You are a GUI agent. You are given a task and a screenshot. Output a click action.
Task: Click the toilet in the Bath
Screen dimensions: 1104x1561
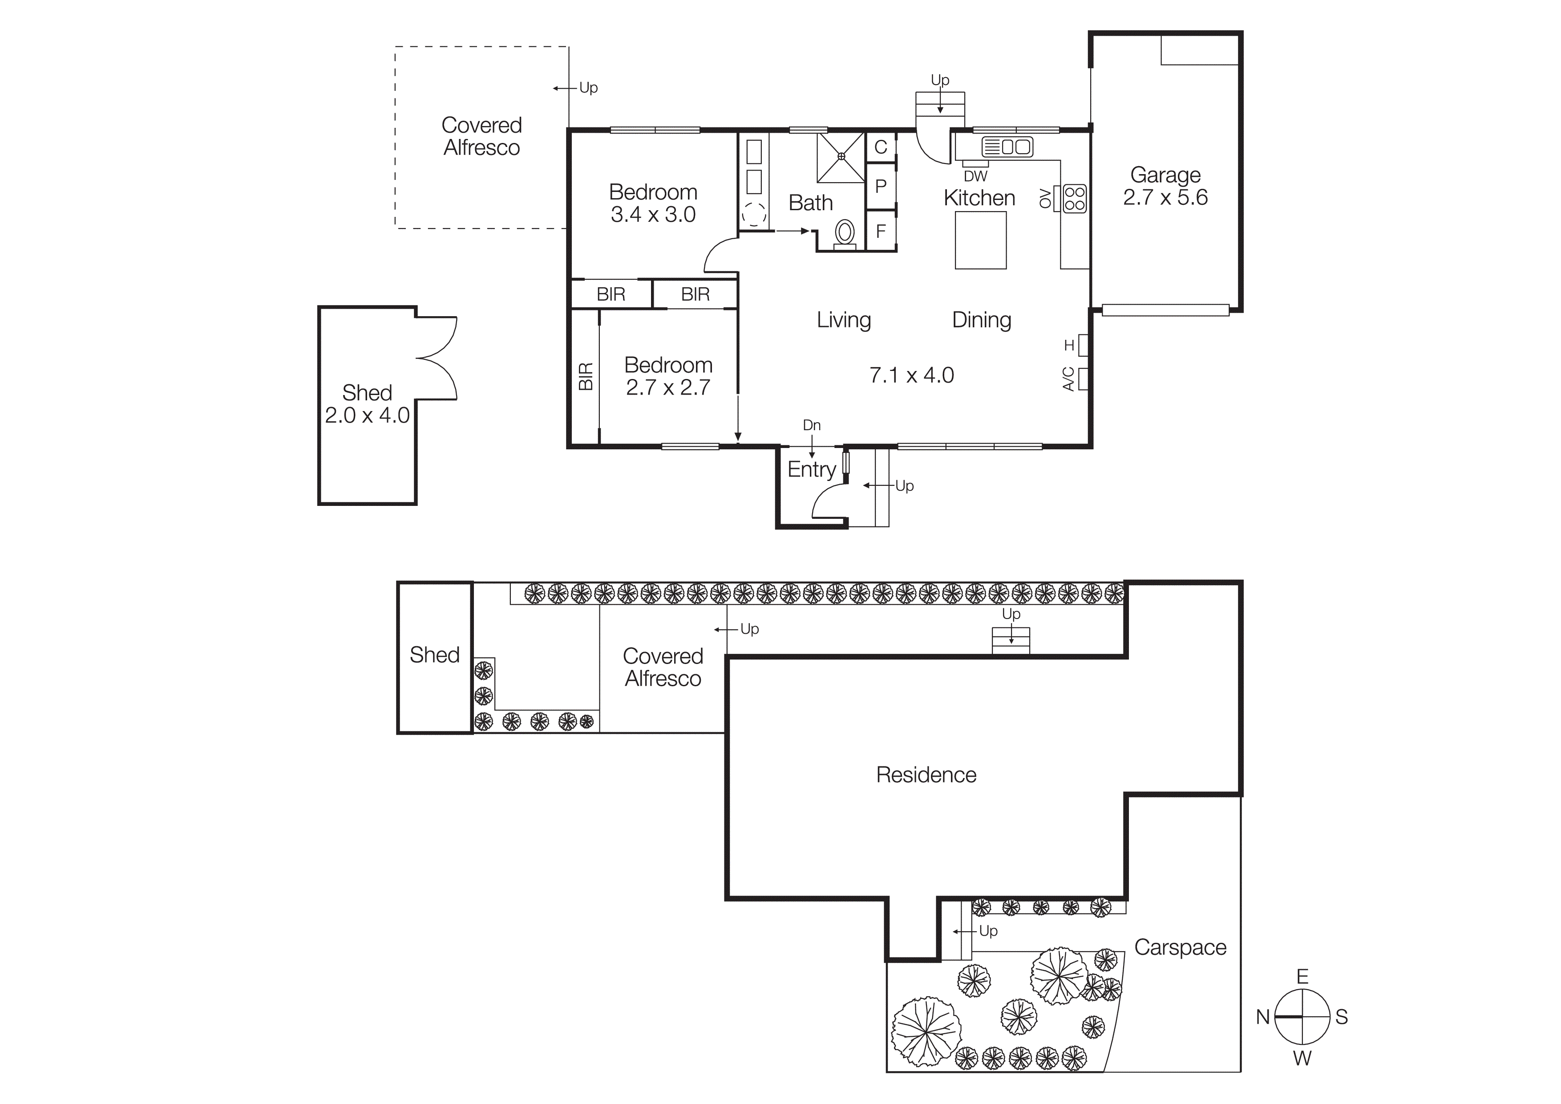(845, 233)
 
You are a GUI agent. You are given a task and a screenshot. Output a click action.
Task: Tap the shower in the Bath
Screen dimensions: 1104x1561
(841, 158)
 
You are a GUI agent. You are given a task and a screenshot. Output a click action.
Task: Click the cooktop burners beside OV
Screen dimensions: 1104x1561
(1074, 199)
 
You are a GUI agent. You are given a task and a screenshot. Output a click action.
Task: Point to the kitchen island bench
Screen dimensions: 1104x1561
(980, 240)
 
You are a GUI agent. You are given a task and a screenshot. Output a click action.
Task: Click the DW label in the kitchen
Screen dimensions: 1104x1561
(975, 176)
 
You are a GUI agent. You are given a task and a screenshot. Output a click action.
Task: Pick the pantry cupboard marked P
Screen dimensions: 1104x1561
(881, 186)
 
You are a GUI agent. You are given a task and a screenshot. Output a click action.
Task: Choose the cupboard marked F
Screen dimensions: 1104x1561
(881, 231)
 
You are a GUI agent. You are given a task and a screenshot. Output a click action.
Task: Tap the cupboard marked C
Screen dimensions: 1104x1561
(881, 147)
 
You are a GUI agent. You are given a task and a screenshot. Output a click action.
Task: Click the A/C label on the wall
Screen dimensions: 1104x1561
(1068, 379)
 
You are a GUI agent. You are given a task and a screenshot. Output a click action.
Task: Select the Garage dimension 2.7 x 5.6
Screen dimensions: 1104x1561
(1165, 197)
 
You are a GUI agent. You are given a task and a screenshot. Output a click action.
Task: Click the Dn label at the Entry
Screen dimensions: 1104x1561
(812, 425)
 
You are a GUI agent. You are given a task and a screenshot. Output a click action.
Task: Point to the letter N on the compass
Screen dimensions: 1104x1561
(1262, 1016)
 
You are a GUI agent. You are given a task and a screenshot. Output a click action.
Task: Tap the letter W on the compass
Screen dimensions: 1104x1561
(1302, 1059)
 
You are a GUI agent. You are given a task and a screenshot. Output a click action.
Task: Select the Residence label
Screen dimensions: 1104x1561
(926, 775)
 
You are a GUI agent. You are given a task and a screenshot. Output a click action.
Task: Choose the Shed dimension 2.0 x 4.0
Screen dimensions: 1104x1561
(367, 415)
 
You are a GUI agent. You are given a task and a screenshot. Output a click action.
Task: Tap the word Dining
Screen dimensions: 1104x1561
(982, 320)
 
